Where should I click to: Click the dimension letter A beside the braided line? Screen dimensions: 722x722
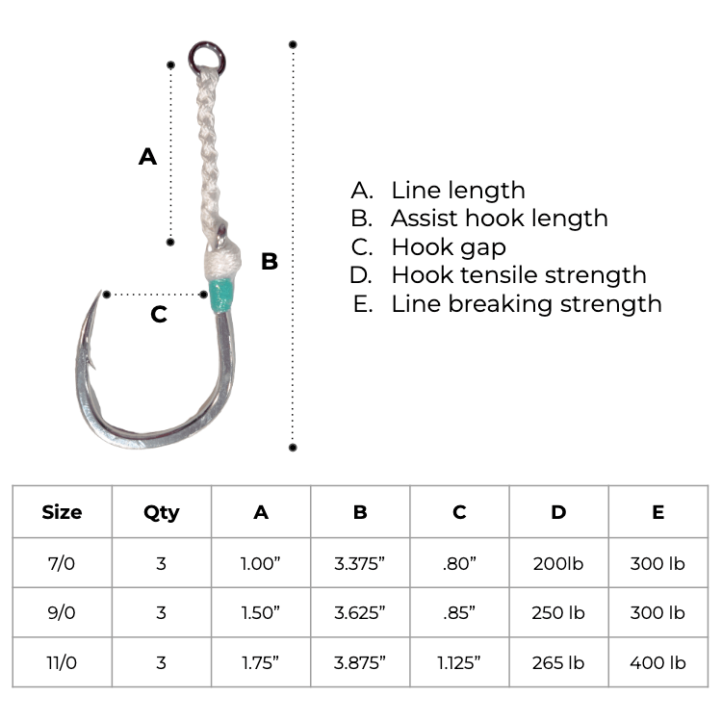(x=147, y=156)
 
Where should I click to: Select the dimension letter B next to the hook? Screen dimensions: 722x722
(x=270, y=261)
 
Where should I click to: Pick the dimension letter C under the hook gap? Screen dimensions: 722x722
(x=160, y=314)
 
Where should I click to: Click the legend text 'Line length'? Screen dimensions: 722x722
(x=457, y=191)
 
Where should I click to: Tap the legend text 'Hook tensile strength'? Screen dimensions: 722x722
(x=518, y=275)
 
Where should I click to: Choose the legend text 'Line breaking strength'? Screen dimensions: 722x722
(x=526, y=304)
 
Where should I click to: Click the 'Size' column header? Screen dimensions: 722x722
(x=62, y=512)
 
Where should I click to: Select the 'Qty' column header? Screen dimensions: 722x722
(x=161, y=512)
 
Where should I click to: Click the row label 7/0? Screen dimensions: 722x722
(x=62, y=563)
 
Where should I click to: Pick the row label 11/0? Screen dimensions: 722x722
(x=62, y=662)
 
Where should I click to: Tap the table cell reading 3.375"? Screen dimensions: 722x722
(x=360, y=563)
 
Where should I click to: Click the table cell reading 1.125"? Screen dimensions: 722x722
(x=459, y=662)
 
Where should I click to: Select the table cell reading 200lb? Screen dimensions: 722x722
(x=558, y=563)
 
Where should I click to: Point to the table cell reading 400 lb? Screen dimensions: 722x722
(x=658, y=662)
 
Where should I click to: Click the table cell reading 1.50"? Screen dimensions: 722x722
(x=260, y=612)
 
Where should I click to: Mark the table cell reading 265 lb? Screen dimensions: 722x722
(x=558, y=662)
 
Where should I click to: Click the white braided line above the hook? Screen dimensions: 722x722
(x=208, y=144)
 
